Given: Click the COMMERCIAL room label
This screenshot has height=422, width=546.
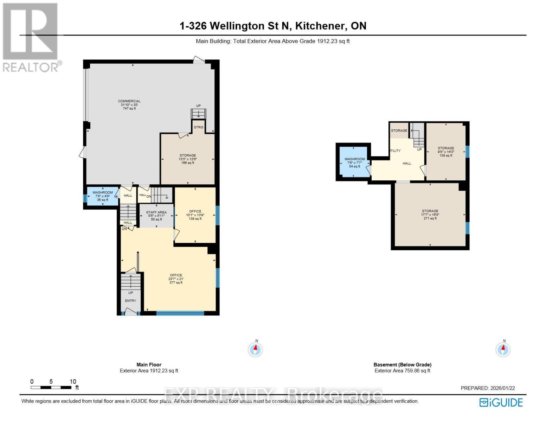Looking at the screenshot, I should point(129,105).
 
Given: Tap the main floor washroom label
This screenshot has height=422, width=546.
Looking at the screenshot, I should point(103,196).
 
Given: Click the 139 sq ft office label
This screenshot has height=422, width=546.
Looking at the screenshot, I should point(195,215).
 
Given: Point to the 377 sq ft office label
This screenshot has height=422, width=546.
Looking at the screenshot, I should point(176,279).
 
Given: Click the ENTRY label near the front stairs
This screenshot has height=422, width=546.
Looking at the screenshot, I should point(130,301).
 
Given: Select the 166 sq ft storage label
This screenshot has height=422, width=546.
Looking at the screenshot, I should point(187,159).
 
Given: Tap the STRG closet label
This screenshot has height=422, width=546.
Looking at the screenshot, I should point(198,127).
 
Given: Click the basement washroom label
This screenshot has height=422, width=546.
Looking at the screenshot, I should point(354,162).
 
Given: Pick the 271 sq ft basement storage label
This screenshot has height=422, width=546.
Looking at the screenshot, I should point(430,215).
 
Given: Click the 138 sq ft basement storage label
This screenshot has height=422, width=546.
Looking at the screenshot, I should point(446,152).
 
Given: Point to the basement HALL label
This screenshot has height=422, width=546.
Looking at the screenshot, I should point(407,163).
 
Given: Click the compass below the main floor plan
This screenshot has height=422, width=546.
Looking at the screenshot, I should point(256,350).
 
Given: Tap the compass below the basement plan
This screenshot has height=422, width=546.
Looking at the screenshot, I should point(503,350).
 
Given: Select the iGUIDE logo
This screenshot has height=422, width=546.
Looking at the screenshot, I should point(501,402).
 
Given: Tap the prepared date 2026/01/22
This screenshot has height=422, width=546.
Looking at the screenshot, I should point(488,388).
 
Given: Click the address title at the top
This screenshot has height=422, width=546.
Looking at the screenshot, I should point(273,26).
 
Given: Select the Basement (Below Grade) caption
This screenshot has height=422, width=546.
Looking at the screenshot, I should point(402,365).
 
